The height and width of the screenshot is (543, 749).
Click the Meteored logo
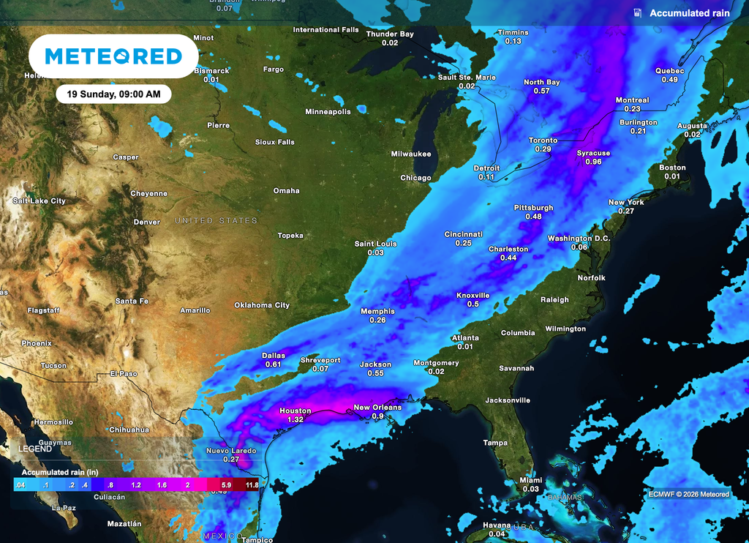113,56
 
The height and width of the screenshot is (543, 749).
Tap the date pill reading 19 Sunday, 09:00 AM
113,94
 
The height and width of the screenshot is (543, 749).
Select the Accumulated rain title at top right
689,13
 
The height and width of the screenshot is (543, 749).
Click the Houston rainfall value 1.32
296,420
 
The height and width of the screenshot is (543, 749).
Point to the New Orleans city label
377,408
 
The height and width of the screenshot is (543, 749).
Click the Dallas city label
274,356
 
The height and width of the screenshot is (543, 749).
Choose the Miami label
531,480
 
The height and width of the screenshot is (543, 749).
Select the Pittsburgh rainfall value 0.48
533,217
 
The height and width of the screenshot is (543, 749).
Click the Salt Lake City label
39,201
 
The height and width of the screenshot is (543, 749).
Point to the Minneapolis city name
328,111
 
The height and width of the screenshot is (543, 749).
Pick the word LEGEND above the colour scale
35,448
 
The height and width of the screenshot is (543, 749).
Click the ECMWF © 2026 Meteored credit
688,494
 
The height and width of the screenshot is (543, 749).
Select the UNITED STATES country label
216,220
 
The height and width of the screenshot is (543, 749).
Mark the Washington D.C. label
579,239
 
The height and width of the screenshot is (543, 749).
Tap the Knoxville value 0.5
473,304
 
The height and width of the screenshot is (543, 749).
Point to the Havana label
497,525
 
